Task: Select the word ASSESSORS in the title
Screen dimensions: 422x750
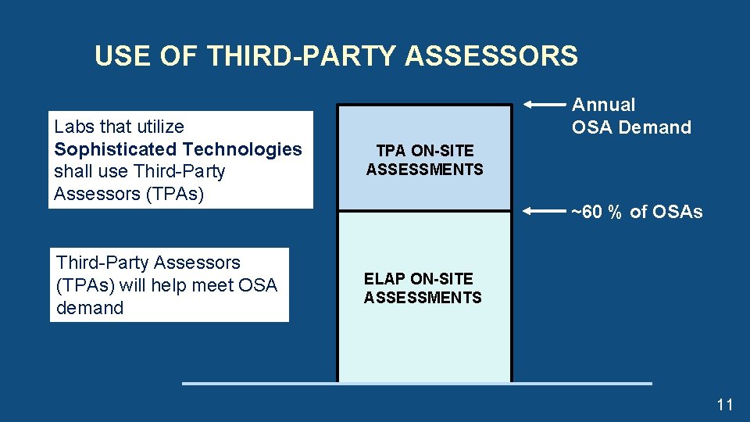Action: pos(492,56)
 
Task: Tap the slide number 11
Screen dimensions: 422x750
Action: pos(724,404)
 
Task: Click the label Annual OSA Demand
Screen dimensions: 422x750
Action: pos(631,116)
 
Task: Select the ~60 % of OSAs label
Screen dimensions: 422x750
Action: pos(637,212)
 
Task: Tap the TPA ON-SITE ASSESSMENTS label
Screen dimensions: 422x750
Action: pos(424,159)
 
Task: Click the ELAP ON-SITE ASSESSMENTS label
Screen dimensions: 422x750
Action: pos(423,288)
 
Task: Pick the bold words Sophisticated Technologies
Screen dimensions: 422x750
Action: pos(178,149)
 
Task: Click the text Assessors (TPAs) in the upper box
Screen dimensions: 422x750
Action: pos(129,194)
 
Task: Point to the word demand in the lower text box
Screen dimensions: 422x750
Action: pos(90,308)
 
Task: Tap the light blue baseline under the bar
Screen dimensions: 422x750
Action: pos(416,383)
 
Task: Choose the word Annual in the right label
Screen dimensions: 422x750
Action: pos(604,105)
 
